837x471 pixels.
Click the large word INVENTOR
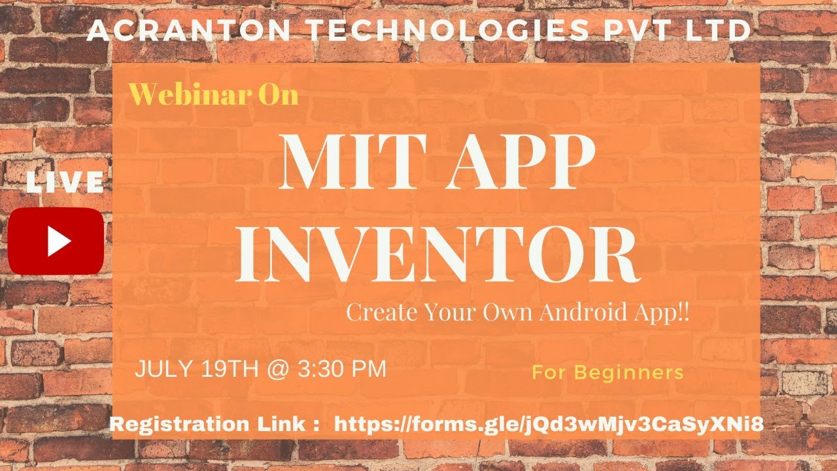coord(437,253)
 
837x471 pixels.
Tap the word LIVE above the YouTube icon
coord(65,183)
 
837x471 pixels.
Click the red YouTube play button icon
coord(56,241)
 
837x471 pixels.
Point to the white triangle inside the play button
coord(58,241)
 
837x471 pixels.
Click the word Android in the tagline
coord(581,313)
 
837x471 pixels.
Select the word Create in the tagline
coord(376,313)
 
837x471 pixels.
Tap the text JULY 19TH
coord(196,369)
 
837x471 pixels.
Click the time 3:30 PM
coord(342,369)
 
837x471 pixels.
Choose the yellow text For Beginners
coord(607,373)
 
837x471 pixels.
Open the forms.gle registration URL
coord(549,424)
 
